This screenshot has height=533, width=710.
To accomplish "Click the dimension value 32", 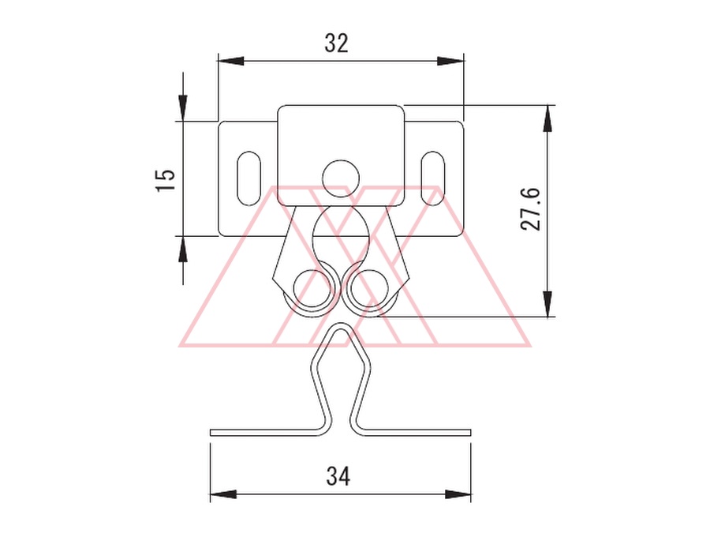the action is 336,43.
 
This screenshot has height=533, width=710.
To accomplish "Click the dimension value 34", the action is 338,477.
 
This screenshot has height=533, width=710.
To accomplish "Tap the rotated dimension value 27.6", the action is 531,209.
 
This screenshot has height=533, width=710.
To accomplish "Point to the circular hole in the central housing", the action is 341,178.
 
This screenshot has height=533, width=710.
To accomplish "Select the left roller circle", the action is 312,287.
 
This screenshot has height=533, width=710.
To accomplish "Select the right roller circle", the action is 370,287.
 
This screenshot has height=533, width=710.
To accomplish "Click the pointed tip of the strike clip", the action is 341,325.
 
